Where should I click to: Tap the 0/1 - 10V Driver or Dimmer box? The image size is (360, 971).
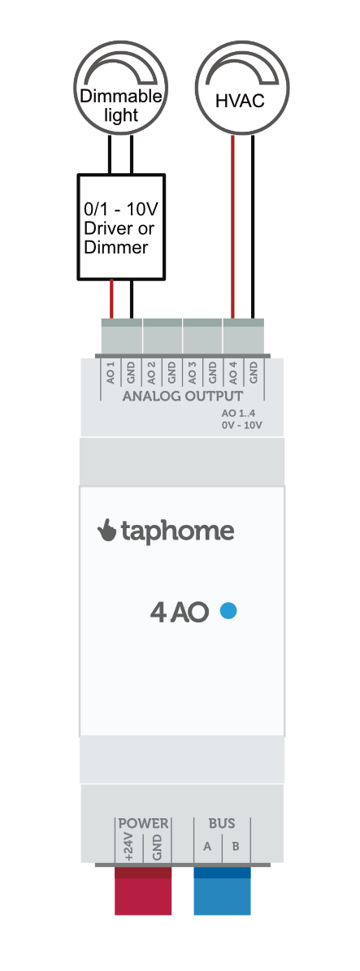[x=121, y=228]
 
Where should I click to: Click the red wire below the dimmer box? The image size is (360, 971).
[x=111, y=300]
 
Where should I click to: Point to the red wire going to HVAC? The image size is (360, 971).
[x=233, y=228]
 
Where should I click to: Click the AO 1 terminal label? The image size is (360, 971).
[x=111, y=374]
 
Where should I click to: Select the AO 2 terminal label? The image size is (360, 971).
[x=151, y=374]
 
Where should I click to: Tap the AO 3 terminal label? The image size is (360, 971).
[x=192, y=374]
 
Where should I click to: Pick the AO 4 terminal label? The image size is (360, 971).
[x=233, y=374]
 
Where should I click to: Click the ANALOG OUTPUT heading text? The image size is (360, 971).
[x=183, y=397]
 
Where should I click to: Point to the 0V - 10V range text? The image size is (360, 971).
[x=241, y=426]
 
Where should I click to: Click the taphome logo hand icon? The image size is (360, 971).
[x=107, y=531]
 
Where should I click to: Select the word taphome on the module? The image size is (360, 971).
[x=177, y=531]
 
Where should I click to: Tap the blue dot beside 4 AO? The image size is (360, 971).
[x=228, y=612]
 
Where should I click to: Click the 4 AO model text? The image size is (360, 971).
[x=180, y=613]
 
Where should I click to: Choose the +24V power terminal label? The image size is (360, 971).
[x=129, y=847]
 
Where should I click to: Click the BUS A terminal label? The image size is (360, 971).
[x=207, y=846]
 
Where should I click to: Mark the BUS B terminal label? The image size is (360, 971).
[x=236, y=846]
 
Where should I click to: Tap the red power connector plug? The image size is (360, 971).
[x=143, y=891]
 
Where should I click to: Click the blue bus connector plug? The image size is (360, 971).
[x=223, y=891]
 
